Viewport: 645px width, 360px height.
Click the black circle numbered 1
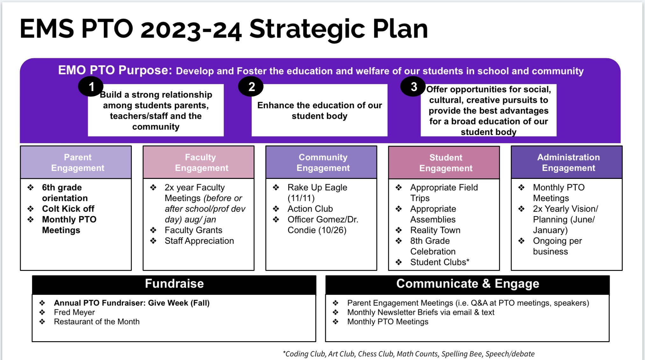tap(91, 86)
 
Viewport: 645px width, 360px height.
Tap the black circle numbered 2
tap(251, 86)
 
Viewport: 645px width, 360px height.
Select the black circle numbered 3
tap(413, 86)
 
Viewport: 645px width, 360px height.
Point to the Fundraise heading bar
tap(174, 285)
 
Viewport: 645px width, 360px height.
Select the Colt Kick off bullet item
tap(68, 209)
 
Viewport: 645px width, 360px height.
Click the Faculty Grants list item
tap(193, 230)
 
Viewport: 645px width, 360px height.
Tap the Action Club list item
tap(310, 209)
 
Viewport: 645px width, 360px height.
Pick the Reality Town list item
tap(435, 230)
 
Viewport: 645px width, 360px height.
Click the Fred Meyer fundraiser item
tap(74, 313)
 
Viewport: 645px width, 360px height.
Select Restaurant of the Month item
tap(97, 322)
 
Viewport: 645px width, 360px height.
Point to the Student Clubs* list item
tap(440, 262)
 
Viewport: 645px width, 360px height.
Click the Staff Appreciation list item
tap(199, 241)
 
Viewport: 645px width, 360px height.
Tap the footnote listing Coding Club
tap(409, 354)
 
